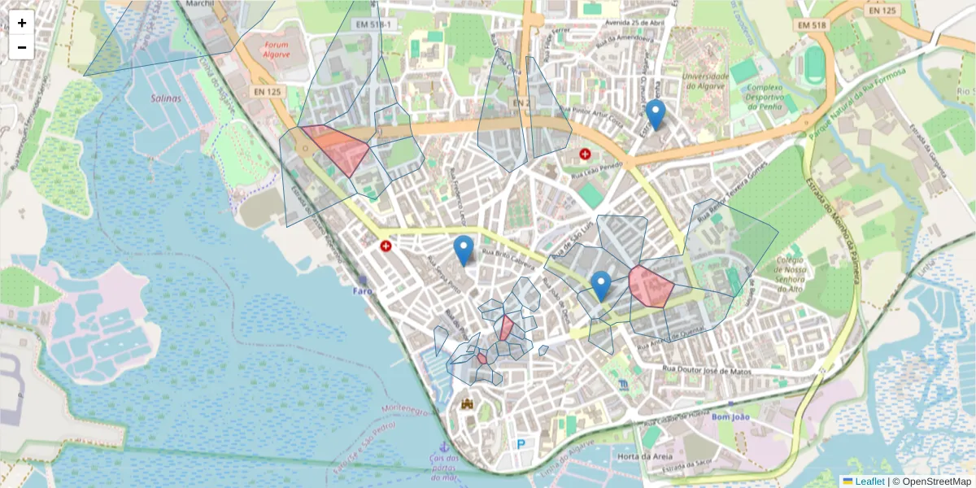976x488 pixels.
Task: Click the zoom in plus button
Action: tap(22, 23)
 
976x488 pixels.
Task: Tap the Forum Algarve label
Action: tap(277, 50)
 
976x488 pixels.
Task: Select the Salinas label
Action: tap(166, 98)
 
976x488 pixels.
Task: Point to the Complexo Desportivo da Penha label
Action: tap(765, 96)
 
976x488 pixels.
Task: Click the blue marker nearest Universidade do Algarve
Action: tap(656, 115)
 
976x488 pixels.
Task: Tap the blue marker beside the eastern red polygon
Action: tap(601, 286)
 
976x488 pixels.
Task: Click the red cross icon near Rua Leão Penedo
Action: tap(585, 154)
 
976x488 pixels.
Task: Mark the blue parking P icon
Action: tap(521, 444)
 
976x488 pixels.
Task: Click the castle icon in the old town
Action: tap(467, 403)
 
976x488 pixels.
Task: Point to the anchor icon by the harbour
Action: tap(443, 447)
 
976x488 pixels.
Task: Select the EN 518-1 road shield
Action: tap(374, 25)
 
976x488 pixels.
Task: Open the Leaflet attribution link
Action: tap(869, 481)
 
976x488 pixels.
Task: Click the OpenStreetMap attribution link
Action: tap(935, 481)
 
